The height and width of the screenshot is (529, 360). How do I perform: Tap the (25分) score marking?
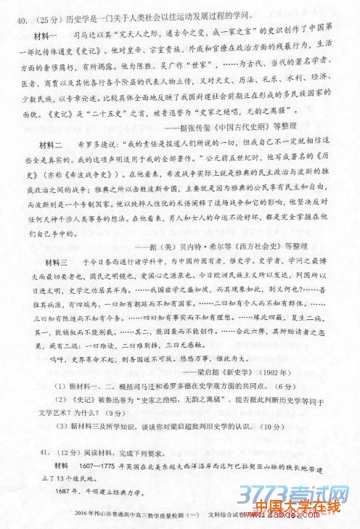pyautogui.click(x=41, y=14)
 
